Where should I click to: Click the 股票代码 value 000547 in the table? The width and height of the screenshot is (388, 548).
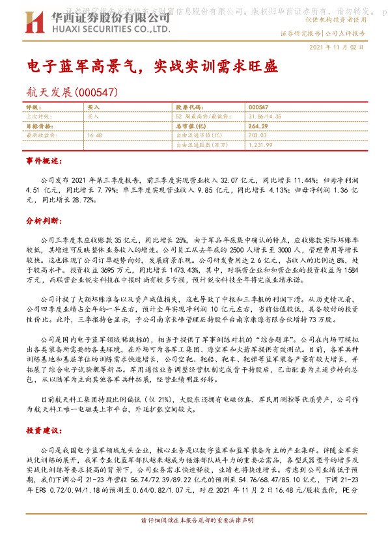click(x=258, y=107)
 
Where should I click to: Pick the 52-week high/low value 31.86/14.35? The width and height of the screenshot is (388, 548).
click(x=264, y=115)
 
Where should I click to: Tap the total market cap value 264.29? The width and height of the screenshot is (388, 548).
click(x=258, y=125)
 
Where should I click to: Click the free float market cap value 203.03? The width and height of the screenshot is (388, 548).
click(x=258, y=135)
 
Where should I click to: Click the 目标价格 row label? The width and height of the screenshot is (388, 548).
click(x=38, y=125)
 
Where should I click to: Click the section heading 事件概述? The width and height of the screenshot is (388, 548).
click(x=44, y=159)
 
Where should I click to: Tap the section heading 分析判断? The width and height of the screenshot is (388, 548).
click(x=44, y=221)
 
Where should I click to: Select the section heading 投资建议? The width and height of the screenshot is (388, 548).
click(x=44, y=431)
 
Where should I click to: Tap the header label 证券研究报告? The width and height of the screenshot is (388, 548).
click(x=301, y=32)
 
